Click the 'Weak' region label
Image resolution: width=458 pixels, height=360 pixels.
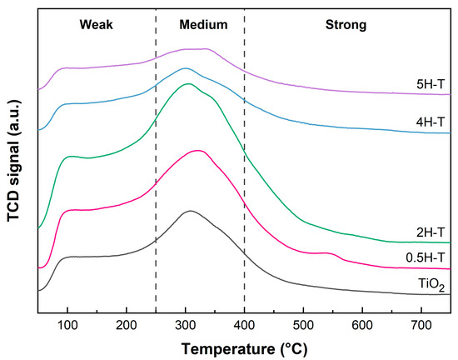point(96,25)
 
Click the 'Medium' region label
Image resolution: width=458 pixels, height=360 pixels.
point(203,25)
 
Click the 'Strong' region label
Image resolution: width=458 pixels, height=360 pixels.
point(346,25)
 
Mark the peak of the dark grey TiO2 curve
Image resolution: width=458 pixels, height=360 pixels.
point(191,211)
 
